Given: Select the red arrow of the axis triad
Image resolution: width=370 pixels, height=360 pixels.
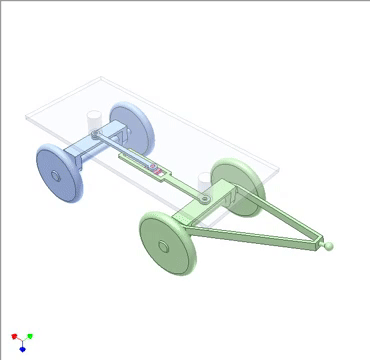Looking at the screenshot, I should (14, 337).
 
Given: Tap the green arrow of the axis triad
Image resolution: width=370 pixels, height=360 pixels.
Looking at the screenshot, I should (30, 337).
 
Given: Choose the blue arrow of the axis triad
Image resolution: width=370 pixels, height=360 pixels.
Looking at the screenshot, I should (22, 349).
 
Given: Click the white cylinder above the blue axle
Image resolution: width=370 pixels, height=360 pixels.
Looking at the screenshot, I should (94, 117).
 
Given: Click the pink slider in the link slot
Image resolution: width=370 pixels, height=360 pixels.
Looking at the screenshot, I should (157, 171).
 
